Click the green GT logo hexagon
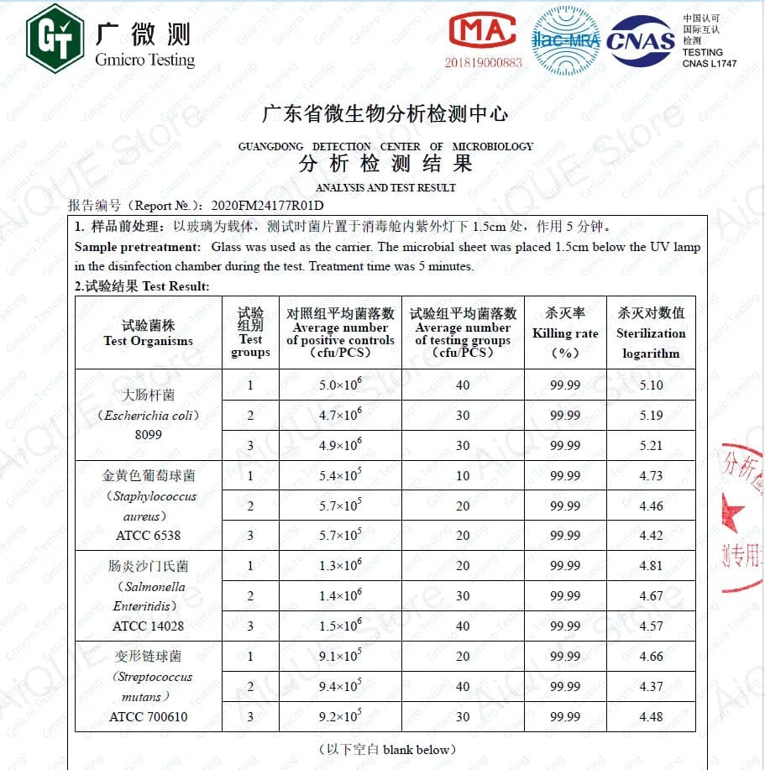pyautogui.click(x=54, y=38)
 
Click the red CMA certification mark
pyautogui.click(x=482, y=31)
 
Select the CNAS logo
pyautogui.click(x=640, y=40)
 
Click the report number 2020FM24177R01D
pyautogui.click(x=267, y=205)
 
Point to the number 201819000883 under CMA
pyautogui.click(x=483, y=62)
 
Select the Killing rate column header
pyautogui.click(x=565, y=333)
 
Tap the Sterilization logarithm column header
pyautogui.click(x=651, y=333)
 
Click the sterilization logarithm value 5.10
pyautogui.click(x=651, y=385)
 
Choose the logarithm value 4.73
pyautogui.click(x=651, y=476)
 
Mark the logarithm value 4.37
pyautogui.click(x=651, y=687)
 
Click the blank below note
pyautogui.click(x=387, y=749)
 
